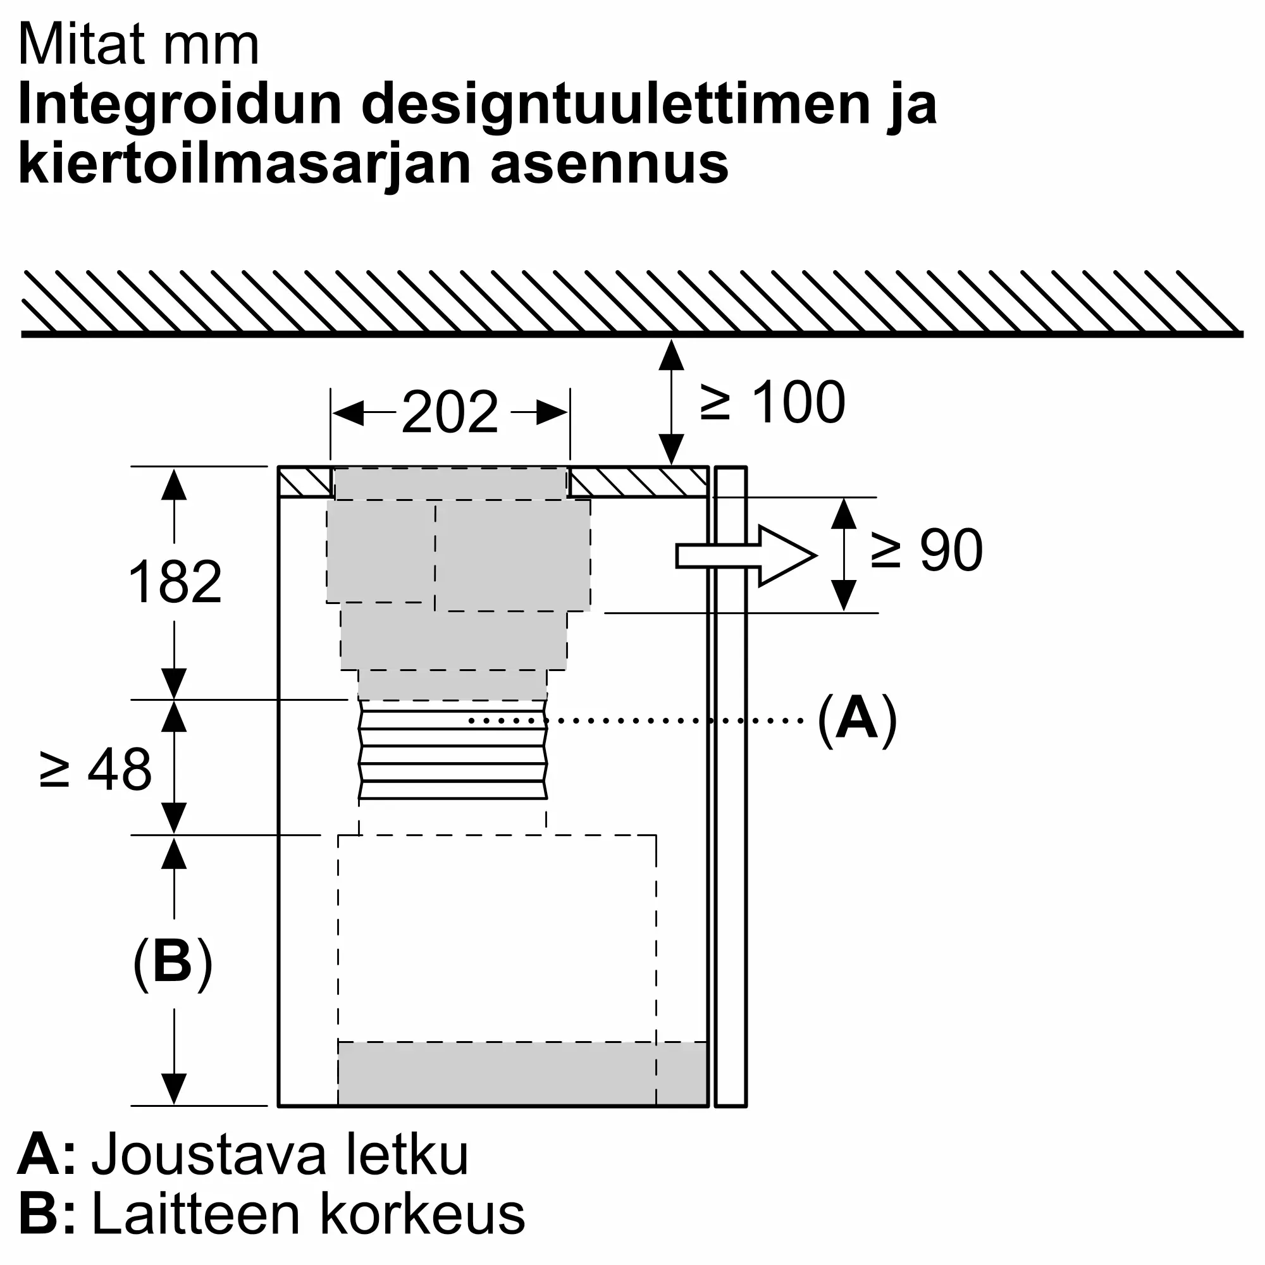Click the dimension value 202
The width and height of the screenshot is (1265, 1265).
pyautogui.click(x=450, y=412)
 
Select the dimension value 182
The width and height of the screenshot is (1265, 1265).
pyautogui.click(x=175, y=582)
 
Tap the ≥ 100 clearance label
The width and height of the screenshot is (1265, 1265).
pyautogui.click(x=773, y=403)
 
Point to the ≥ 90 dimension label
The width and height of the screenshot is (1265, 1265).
pyautogui.click(x=927, y=551)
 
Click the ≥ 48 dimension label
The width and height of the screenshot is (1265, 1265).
pyautogui.click(x=96, y=768)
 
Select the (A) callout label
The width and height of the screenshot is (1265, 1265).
pyautogui.click(x=856, y=720)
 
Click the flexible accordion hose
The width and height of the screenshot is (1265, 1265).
pyautogui.click(x=452, y=750)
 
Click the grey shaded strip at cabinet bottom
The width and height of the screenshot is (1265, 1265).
pyautogui.click(x=522, y=1074)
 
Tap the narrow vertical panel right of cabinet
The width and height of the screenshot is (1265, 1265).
pyautogui.click(x=731, y=786)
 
